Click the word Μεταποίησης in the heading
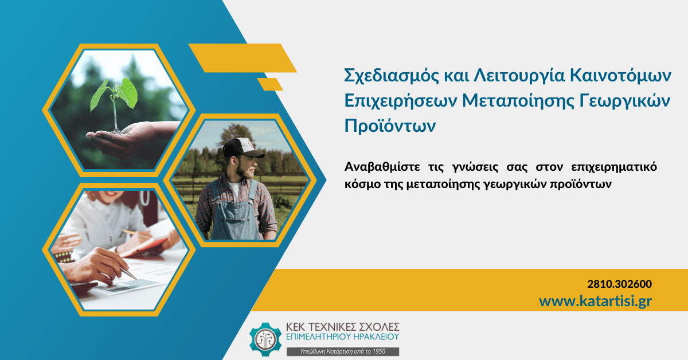pyautogui.click(x=518, y=101)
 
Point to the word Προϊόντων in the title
pyautogui.click(x=390, y=126)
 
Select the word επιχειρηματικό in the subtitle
pyautogui.click(x=614, y=167)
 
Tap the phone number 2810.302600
pyautogui.click(x=620, y=284)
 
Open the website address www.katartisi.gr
pyautogui.click(x=595, y=301)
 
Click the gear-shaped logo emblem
pyautogui.click(x=265, y=339)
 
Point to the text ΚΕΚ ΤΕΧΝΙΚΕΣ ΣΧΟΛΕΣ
pyautogui.click(x=342, y=327)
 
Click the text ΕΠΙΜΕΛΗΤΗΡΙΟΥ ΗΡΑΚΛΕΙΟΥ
pyautogui.click(x=342, y=336)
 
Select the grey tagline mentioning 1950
pyautogui.click(x=343, y=351)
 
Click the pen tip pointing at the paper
pyautogui.click(x=135, y=279)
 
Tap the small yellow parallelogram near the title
pyautogui.click(x=270, y=84)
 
